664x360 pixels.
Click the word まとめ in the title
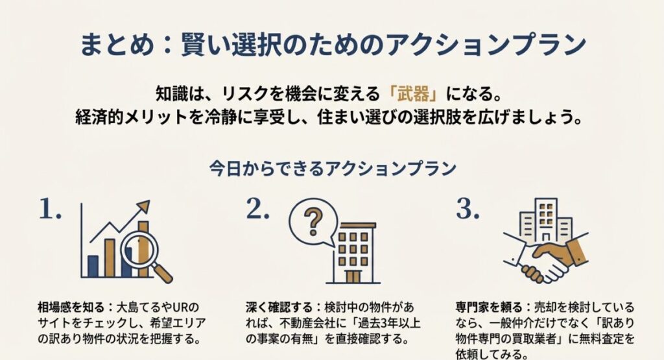click(112, 46)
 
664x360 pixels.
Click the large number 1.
click(50, 209)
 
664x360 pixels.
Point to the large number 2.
click(257, 209)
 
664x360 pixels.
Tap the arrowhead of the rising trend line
click(144, 207)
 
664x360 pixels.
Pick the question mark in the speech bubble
click(314, 221)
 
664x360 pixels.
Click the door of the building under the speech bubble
click(353, 276)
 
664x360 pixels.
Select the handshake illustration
click(545, 256)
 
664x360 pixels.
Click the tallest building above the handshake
click(547, 217)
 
